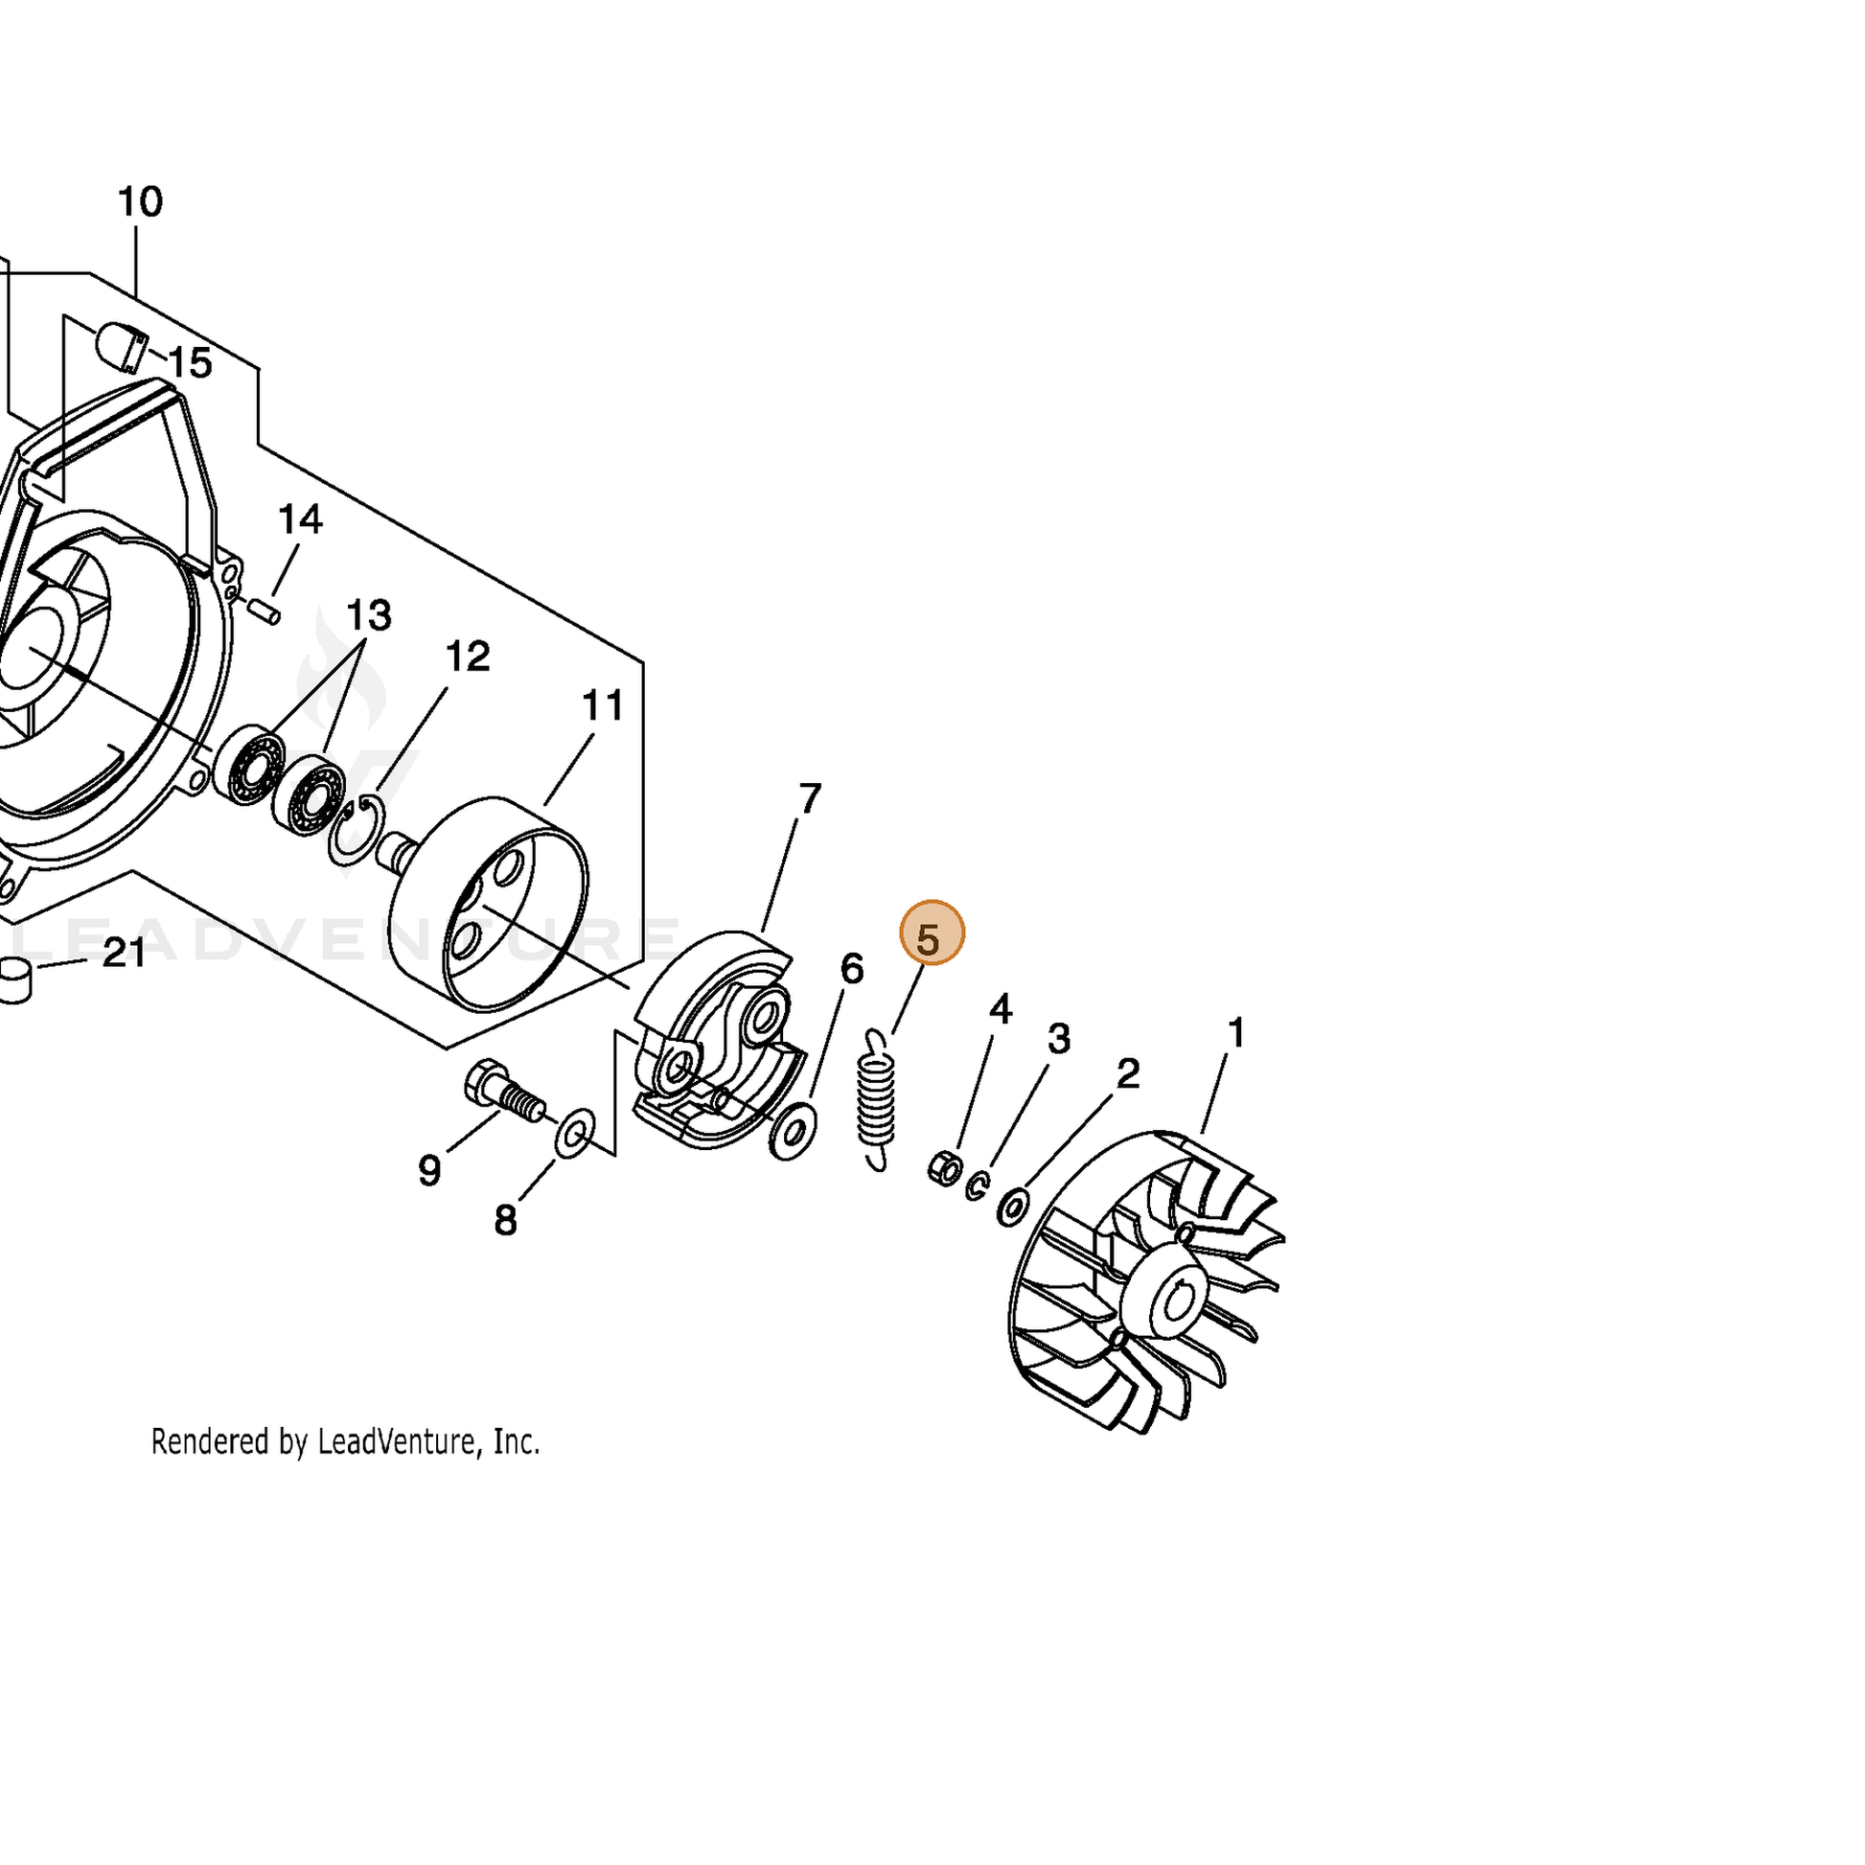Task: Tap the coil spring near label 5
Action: pyautogui.click(x=876, y=1100)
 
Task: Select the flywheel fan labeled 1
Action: pyautogui.click(x=1146, y=1295)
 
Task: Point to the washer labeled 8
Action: pyautogui.click(x=575, y=1134)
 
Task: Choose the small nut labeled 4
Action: pyautogui.click(x=944, y=1169)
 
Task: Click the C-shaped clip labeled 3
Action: pyautogui.click(x=977, y=1186)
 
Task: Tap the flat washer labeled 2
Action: pyautogui.click(x=1013, y=1207)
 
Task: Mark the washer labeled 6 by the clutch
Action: pyautogui.click(x=793, y=1133)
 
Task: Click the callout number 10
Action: pyautogui.click(x=140, y=202)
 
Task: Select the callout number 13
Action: pyautogui.click(x=369, y=615)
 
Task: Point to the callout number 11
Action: pyautogui.click(x=604, y=705)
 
